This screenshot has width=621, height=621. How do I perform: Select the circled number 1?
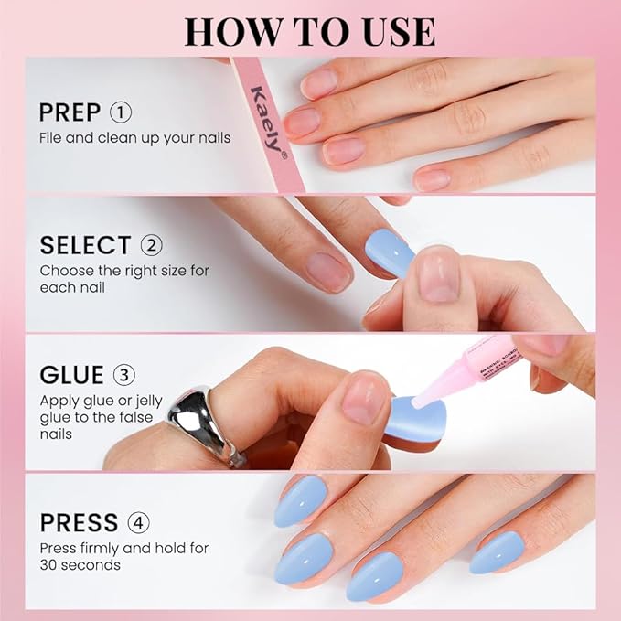[121, 112]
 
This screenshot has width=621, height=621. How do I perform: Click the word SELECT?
[85, 245]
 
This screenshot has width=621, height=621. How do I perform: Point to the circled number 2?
[151, 245]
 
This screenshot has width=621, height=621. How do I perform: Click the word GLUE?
[71, 375]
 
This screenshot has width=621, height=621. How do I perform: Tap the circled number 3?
[123, 375]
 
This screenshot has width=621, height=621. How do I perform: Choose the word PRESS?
[79, 523]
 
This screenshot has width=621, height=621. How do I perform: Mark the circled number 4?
[139, 523]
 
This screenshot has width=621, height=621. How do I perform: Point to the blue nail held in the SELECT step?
[391, 252]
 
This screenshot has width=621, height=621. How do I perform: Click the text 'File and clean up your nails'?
[134, 137]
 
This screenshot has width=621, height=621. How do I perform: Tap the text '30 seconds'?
[79, 564]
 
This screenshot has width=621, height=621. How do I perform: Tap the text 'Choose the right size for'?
[125, 271]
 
